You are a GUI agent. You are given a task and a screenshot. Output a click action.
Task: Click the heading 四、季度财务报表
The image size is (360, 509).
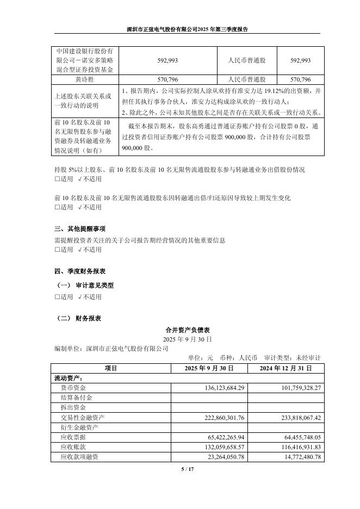80,271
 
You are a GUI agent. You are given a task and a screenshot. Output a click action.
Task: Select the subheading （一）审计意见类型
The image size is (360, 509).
86,285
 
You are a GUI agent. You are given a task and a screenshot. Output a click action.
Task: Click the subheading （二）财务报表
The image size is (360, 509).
79,319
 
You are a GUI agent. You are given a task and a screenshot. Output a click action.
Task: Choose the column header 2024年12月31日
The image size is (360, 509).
285,368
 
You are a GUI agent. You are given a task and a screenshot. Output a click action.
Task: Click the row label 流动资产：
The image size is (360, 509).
69,378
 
